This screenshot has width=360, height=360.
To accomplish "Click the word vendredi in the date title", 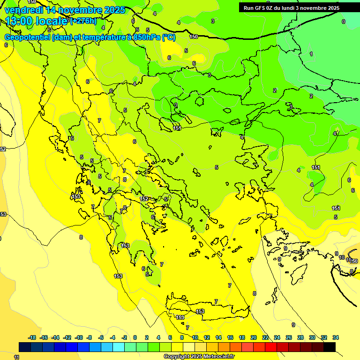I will (x=23, y=10).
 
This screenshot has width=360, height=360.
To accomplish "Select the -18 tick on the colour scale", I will (x=32, y=337).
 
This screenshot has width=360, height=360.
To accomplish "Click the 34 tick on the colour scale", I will (x=335, y=337).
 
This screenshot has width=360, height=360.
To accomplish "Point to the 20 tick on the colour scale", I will (x=253, y=337).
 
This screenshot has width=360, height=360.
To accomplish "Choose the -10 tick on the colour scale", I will (x=78, y=337).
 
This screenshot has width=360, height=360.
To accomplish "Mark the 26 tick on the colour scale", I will (x=288, y=337).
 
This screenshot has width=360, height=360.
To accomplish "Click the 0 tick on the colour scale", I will (x=135, y=337).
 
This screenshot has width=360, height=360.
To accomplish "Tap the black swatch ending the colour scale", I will (x=330, y=347).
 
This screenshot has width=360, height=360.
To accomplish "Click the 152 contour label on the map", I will (x=145, y=199).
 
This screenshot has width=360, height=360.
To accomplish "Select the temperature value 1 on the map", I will (x=311, y=54).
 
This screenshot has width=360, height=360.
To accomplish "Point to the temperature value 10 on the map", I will (x=342, y=257).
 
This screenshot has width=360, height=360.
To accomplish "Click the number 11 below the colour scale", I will (x=16, y=357).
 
